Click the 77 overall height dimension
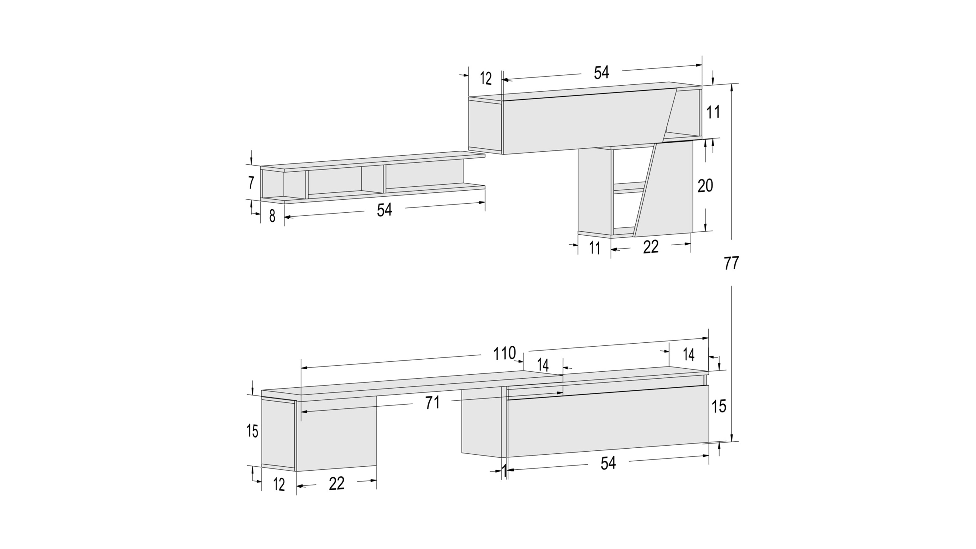click(731, 263)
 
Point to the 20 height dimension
click(705, 185)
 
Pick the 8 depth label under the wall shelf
click(272, 216)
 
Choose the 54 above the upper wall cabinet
click(601, 73)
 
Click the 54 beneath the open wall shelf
click(384, 210)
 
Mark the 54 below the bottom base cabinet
click(608, 463)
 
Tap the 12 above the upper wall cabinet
click(486, 79)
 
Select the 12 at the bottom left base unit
click(279, 485)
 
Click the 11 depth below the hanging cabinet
click(594, 248)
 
